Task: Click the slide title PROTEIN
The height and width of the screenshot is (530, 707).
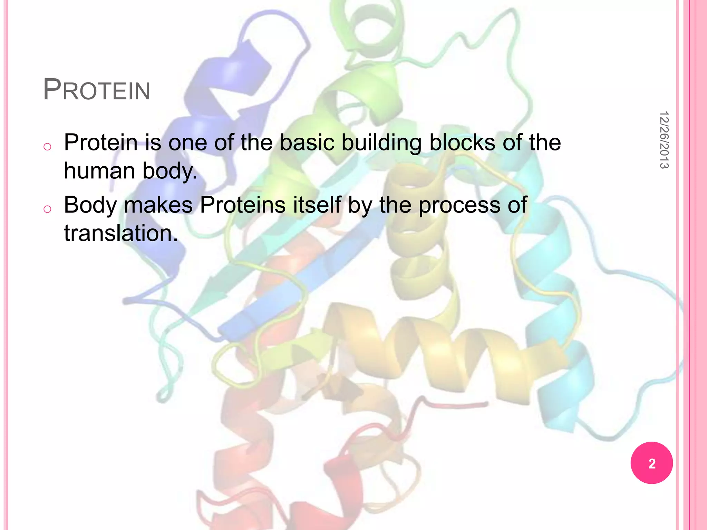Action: (97, 90)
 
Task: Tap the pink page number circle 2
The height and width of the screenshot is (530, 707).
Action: (651, 463)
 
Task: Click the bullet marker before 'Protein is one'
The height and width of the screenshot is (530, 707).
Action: (48, 147)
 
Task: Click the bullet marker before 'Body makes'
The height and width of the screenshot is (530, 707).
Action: (48, 209)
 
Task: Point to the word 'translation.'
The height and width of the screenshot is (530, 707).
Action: (121, 233)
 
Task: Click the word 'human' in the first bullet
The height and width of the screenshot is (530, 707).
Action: (99, 171)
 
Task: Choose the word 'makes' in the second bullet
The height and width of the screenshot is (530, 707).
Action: (158, 205)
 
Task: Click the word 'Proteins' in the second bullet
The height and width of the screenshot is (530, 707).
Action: (243, 205)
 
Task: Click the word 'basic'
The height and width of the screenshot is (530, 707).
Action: (307, 143)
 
